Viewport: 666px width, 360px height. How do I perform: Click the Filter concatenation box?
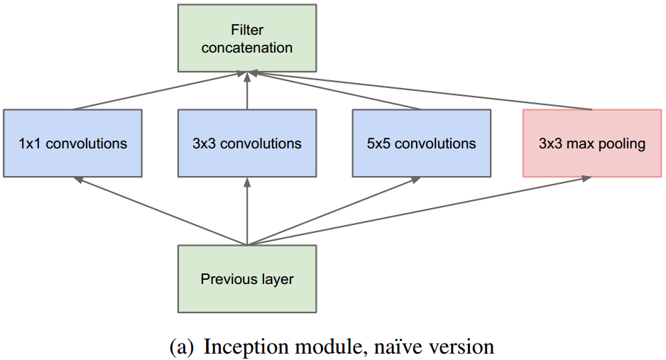(246, 38)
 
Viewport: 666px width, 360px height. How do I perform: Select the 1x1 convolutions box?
(72, 143)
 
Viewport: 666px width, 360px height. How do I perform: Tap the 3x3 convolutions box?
(246, 143)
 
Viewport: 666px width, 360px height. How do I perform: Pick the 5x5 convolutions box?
(421, 143)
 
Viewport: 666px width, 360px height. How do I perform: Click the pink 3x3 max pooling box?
(591, 143)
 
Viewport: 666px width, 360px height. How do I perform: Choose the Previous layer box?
(246, 279)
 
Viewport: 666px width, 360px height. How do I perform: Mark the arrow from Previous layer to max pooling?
(419, 211)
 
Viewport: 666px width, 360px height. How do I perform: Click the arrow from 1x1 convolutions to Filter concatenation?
(160, 91)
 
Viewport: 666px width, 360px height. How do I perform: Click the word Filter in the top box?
(246, 31)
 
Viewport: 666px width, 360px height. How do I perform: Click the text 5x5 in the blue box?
(378, 143)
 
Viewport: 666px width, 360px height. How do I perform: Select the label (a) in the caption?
(182, 347)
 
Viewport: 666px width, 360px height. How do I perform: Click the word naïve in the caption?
(400, 347)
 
